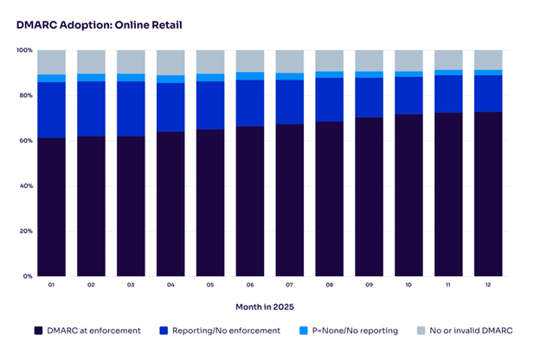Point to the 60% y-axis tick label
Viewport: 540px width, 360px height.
tap(26, 140)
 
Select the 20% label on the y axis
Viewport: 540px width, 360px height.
tap(26, 231)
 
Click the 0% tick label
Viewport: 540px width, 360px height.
tap(28, 276)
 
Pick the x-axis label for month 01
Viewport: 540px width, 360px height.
tap(51, 286)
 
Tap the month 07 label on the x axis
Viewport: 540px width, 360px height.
tap(290, 286)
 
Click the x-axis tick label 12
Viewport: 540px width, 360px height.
tap(489, 286)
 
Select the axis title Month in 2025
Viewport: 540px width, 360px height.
tap(270, 306)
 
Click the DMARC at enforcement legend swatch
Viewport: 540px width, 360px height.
tap(38, 331)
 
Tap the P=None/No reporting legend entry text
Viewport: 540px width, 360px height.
tap(350, 331)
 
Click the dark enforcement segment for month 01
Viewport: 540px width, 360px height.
tap(51, 207)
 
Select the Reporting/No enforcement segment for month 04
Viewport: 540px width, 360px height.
tap(170, 107)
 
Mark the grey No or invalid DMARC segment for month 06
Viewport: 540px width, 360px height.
tap(250, 61)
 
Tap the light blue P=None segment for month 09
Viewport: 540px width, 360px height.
tap(370, 74)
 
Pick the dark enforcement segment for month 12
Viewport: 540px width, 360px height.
tap(489, 194)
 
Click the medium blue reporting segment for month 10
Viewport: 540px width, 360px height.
tap(409, 95)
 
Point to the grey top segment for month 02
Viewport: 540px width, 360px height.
tap(91, 61)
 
